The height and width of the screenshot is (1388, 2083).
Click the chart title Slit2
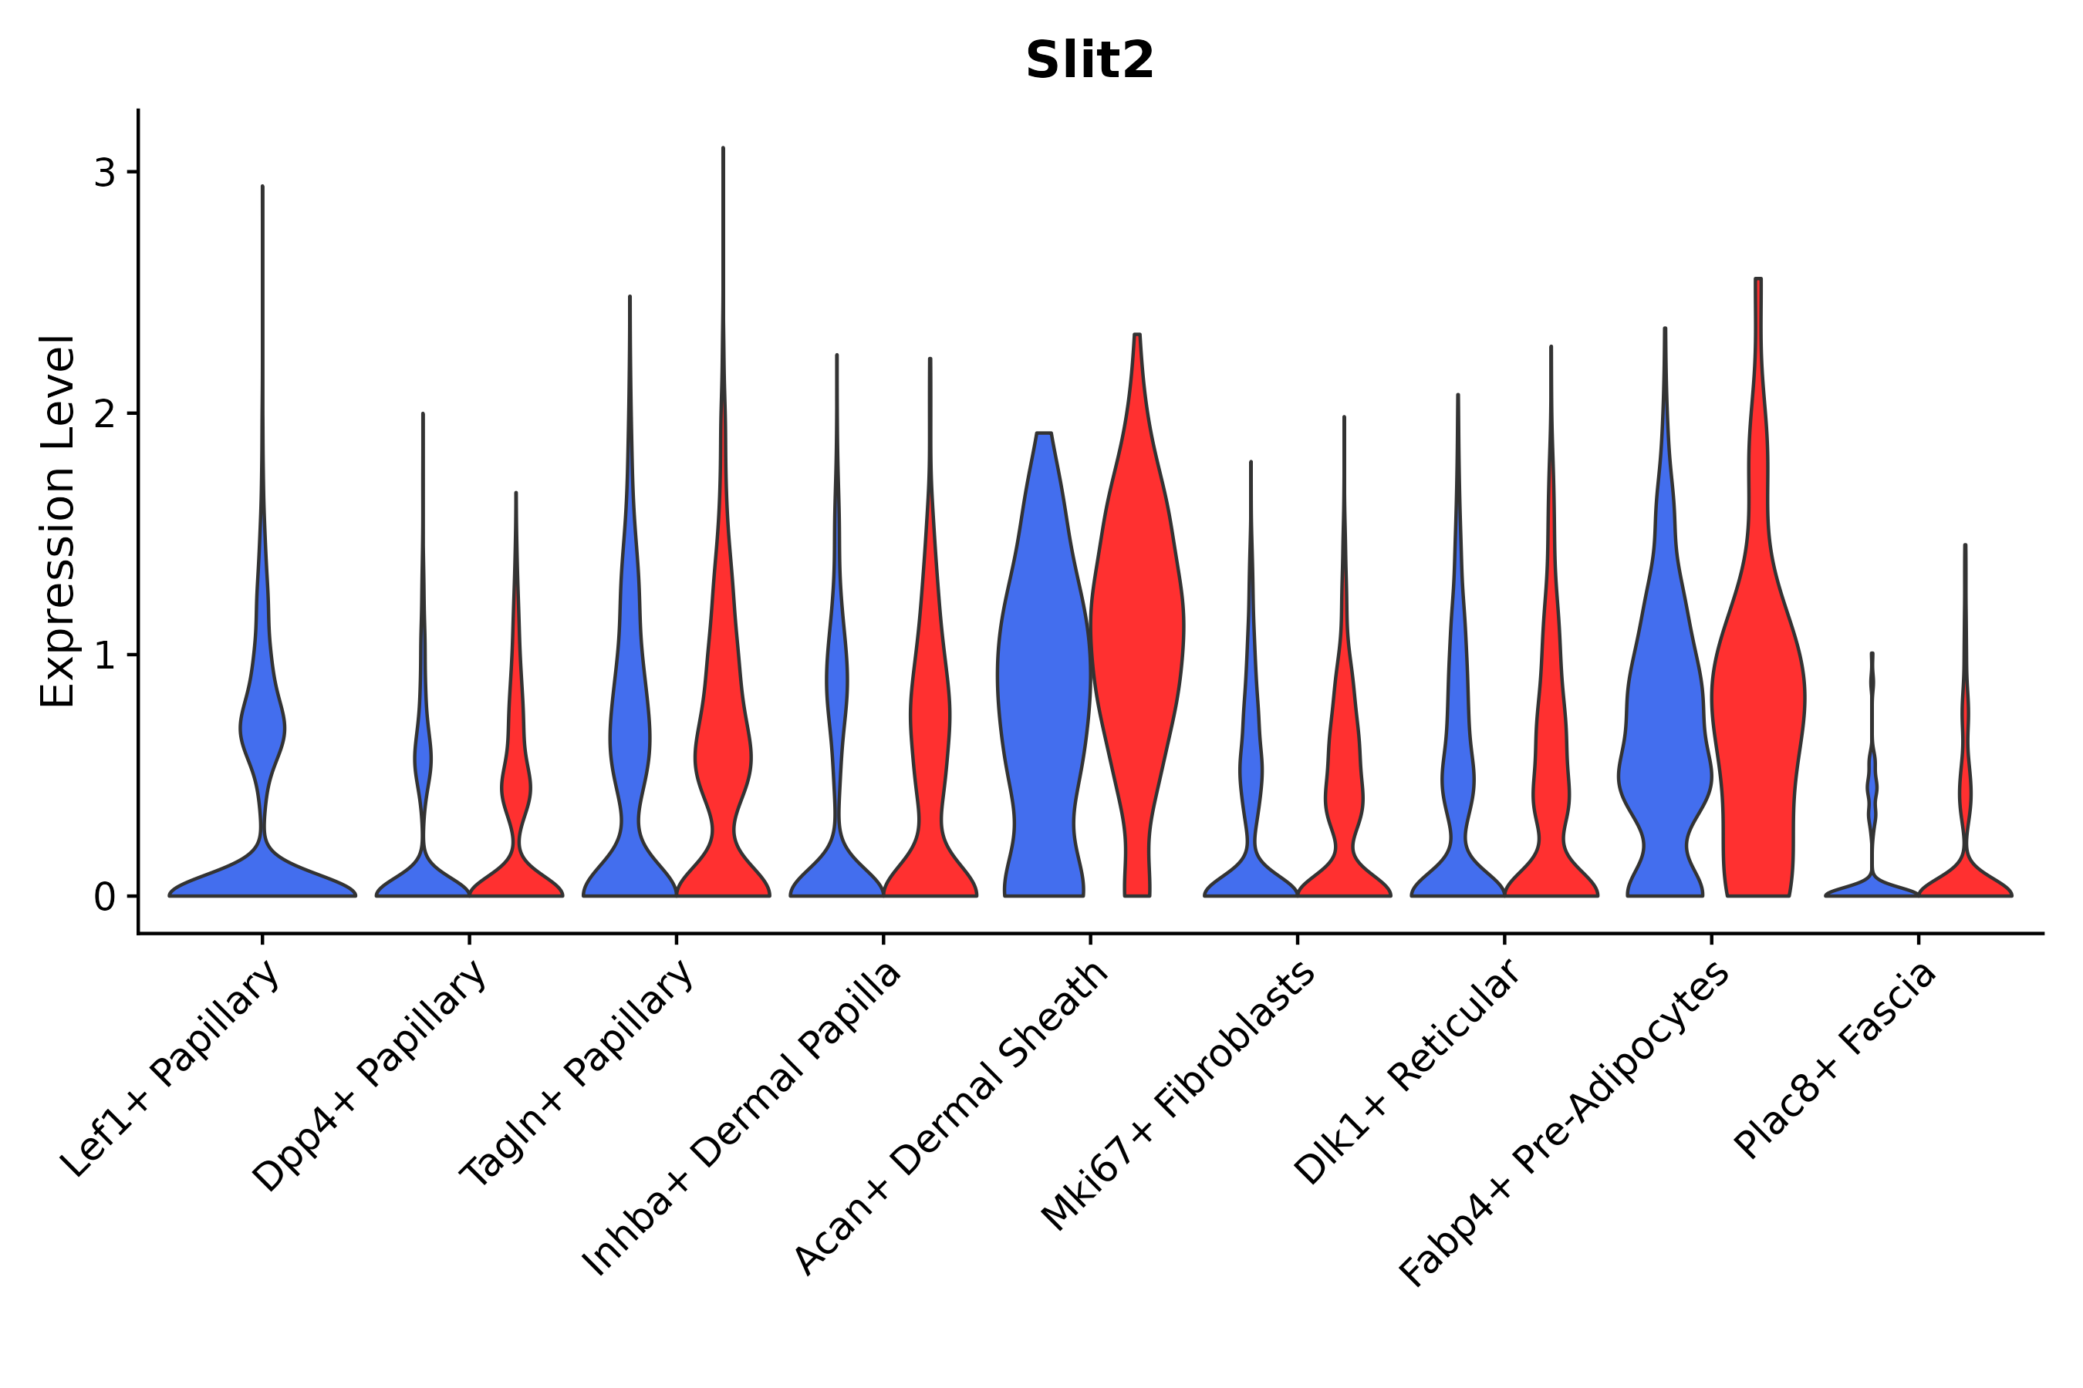tap(1089, 60)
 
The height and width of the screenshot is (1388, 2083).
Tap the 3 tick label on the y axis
tap(104, 173)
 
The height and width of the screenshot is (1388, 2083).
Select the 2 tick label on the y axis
tap(104, 414)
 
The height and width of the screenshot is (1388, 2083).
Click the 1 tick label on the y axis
tap(104, 656)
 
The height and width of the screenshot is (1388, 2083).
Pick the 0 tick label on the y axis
tap(104, 898)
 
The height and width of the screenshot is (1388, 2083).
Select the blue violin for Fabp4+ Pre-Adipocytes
tap(1665, 708)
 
